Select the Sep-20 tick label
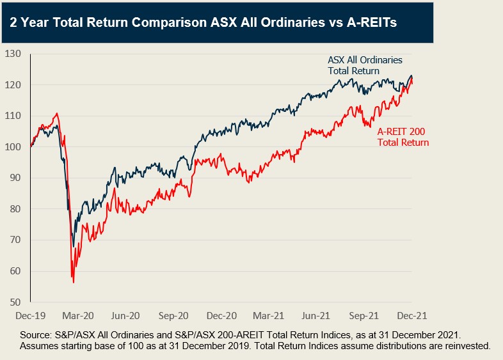[173, 316]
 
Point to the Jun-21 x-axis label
[317, 316]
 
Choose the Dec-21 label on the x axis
[412, 316]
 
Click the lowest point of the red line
[74, 282]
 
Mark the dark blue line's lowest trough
[73, 246]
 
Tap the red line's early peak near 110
[57, 114]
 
